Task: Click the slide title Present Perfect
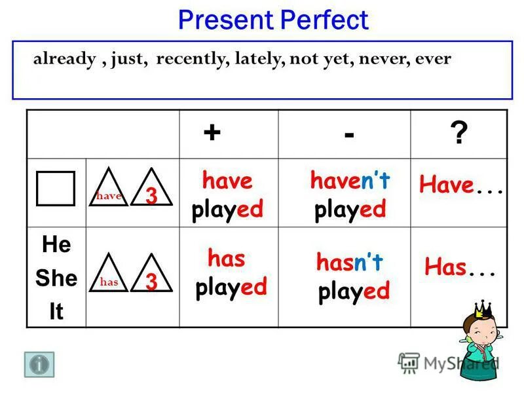[x=273, y=20]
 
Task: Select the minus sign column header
[x=348, y=134]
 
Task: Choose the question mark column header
[x=459, y=135]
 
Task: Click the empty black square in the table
[x=56, y=189]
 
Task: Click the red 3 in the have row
[x=151, y=195]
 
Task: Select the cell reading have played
[x=227, y=195]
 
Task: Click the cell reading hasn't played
[x=352, y=276]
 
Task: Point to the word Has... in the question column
[x=458, y=267]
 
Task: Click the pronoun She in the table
[x=56, y=278]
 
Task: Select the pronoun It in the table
[x=56, y=312]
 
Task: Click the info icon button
[x=39, y=364]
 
